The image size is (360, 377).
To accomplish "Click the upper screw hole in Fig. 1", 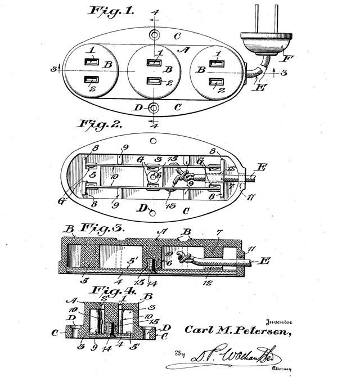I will (x=154, y=35).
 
